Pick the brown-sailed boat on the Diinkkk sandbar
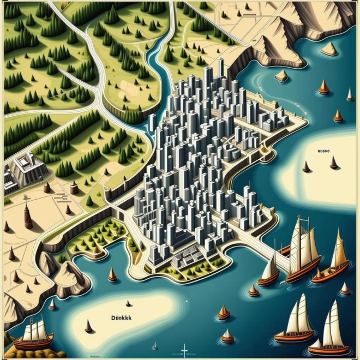pos(88,327)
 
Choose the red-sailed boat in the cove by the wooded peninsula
pos(112,275)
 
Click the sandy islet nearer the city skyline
pos(281,76)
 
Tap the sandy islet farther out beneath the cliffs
pos(329,50)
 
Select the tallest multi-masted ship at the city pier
pos(302,251)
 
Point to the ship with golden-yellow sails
pos(334,256)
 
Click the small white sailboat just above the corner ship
pos(52,304)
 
